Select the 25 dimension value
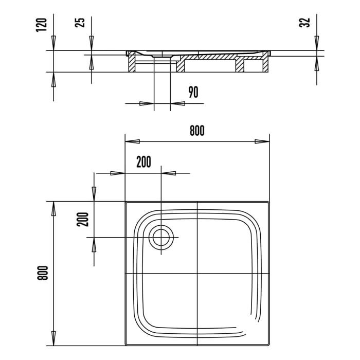pyautogui.click(x=80, y=24)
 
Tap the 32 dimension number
pyautogui.click(x=305, y=23)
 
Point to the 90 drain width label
pyautogui.click(x=193, y=93)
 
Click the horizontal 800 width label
pyautogui.click(x=196, y=131)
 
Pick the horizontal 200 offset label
pyautogui.click(x=143, y=162)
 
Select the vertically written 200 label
pyautogui.click(x=85, y=220)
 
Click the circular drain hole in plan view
pyautogui.click(x=161, y=238)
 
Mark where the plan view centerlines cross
pyautogui.click(x=197, y=274)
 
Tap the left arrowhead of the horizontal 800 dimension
pyautogui.click(x=133, y=141)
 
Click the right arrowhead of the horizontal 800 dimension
pyautogui.click(x=262, y=141)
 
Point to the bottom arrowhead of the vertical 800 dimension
pyautogui.click(x=53, y=338)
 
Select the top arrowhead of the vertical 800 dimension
pyautogui.click(x=53, y=209)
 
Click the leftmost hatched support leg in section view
pyautogui.click(x=131, y=64)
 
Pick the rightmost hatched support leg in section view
pyautogui.click(x=266, y=64)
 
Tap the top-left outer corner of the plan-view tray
pyautogui.click(x=126, y=202)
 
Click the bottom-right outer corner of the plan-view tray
pyautogui.click(x=269, y=345)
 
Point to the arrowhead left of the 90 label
pyautogui.click(x=147, y=103)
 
